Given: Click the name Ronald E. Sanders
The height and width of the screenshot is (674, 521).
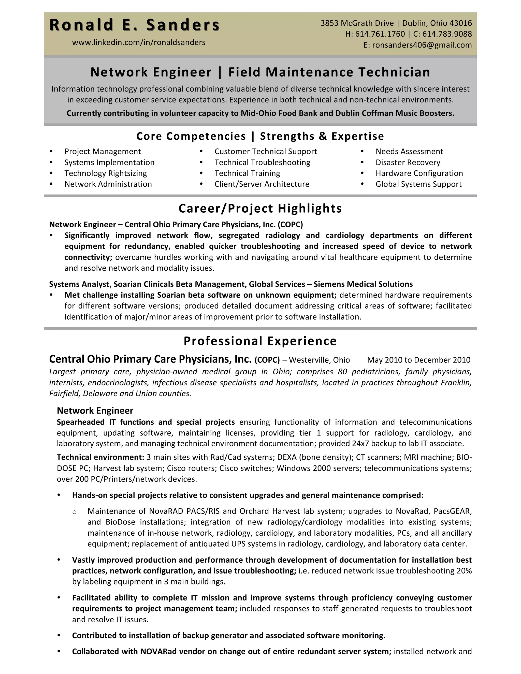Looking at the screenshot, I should pos(135,25).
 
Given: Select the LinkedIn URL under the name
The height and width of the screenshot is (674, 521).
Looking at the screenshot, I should pos(139,42).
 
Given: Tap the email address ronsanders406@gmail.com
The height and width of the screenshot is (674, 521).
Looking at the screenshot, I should pos(422,45).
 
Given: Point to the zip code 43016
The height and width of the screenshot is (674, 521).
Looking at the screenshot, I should pos(460,23).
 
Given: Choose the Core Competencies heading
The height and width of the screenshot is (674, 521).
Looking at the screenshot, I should pos(260,136).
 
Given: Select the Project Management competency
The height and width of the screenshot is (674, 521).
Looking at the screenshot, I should pos(103,152).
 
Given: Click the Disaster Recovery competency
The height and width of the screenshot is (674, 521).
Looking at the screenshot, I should pos(408,162).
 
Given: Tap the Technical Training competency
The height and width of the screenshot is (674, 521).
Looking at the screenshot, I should pos(247,173).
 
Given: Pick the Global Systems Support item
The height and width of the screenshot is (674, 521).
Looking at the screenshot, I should pos(418,184).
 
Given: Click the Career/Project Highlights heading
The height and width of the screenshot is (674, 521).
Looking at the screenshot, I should pos(260,209).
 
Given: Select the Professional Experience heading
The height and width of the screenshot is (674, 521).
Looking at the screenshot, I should pos(260,341).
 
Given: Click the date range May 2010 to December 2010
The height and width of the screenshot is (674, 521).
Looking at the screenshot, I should pos(418,360).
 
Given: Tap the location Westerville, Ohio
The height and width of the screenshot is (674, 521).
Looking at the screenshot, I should pos(319,360).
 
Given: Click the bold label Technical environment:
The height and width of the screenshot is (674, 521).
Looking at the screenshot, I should pos(100,457).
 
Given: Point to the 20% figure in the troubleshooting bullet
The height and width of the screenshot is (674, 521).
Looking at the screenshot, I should pos(464,571).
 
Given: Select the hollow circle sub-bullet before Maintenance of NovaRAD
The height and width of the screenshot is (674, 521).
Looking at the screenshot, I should pos(74,512).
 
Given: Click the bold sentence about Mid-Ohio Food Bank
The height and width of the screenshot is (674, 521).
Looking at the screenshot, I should pos(260,113).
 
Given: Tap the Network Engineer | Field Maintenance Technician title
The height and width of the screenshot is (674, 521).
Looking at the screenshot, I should pos(260,72).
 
